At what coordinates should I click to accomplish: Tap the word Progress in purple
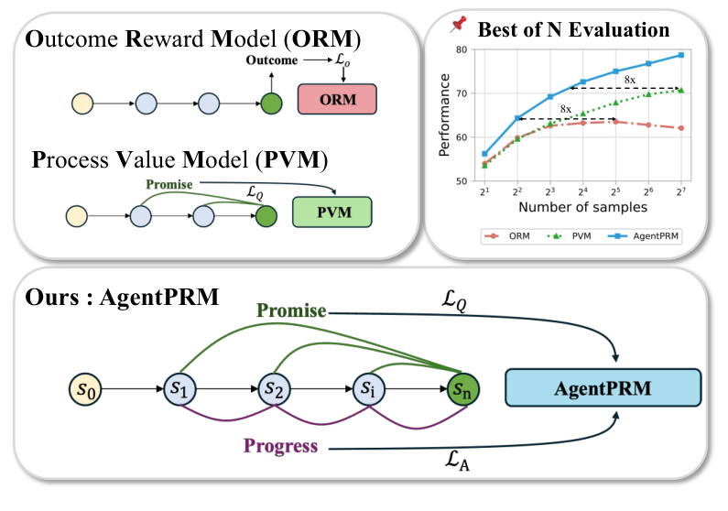tap(280, 447)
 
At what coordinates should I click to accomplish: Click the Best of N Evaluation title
tap(574, 29)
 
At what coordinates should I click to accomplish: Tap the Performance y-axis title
tap(444, 115)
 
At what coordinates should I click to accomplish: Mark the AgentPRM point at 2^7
tap(680, 55)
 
